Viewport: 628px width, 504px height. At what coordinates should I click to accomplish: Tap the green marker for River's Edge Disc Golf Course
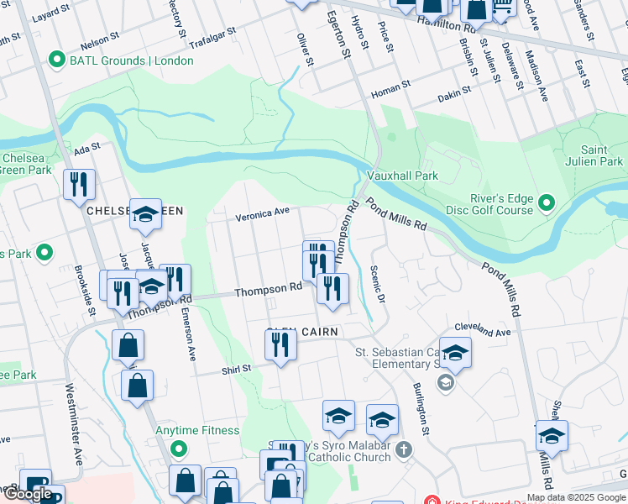[x=547, y=203]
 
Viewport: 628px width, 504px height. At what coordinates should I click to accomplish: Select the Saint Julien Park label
[x=603, y=155]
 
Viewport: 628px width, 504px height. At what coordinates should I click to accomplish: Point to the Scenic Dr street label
[x=377, y=286]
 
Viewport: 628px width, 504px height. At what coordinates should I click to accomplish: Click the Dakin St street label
[x=455, y=96]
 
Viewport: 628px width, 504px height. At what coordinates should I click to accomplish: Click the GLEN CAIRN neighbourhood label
[x=302, y=333]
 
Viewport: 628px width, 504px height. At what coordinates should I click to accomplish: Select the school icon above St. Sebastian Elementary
[x=455, y=353]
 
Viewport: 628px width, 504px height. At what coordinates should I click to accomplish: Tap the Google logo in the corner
[x=28, y=494]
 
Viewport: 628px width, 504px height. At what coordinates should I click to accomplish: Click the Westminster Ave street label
[x=78, y=437]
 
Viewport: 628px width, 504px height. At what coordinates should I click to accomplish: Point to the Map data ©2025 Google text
[x=575, y=497]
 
